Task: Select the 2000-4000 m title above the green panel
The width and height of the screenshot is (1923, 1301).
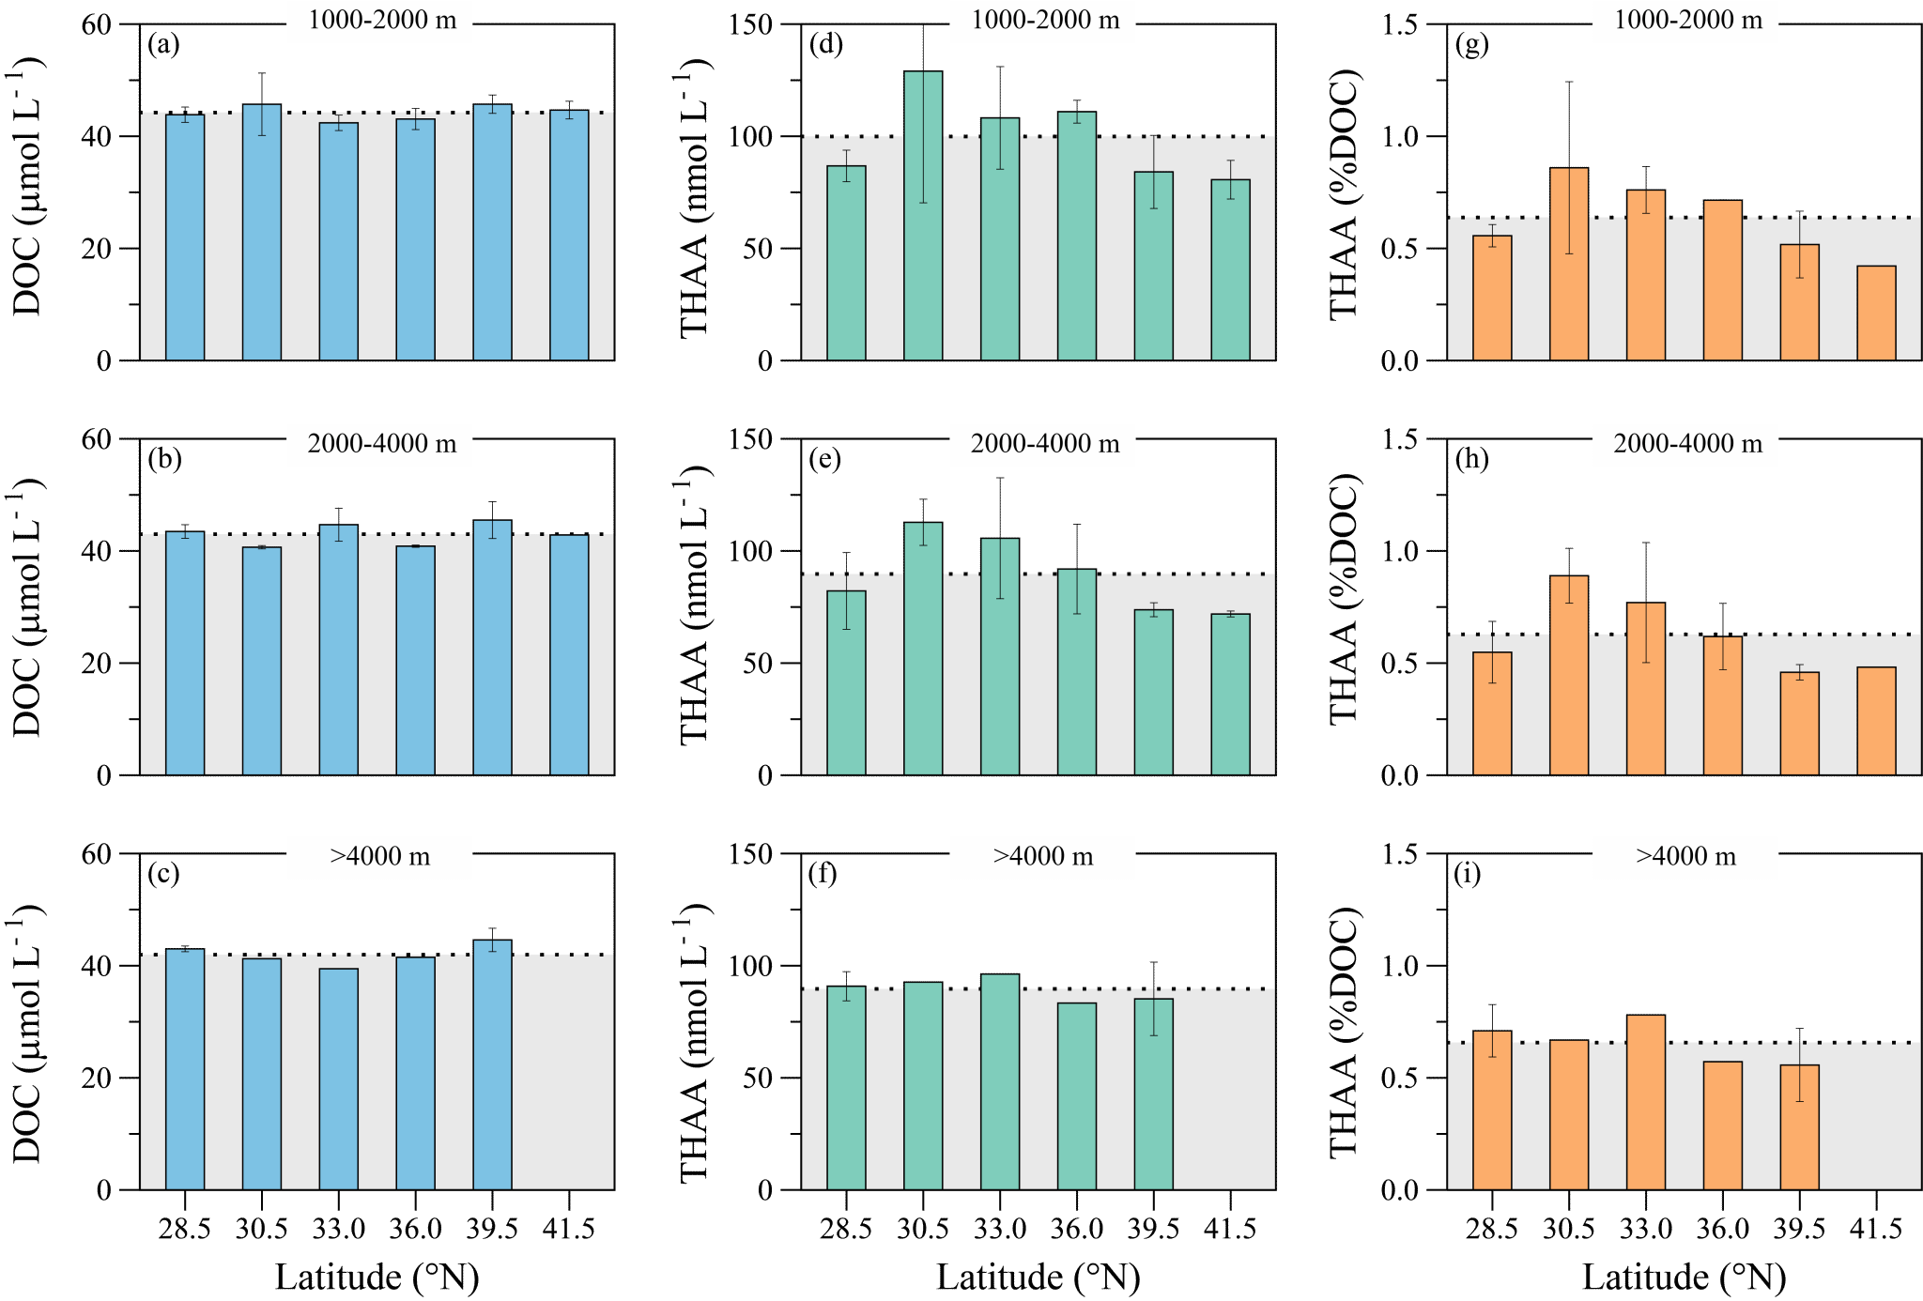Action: (1042, 444)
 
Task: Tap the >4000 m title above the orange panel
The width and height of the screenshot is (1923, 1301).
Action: (1685, 857)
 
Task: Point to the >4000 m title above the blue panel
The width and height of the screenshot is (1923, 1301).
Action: (379, 857)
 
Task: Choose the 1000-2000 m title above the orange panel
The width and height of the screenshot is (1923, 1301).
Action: (1685, 21)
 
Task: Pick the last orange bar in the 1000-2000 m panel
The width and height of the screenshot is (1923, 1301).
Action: (1876, 314)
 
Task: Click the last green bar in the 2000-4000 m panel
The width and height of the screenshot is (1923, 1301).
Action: (1230, 695)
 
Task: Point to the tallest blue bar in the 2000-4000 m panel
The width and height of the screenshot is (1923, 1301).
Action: (492, 648)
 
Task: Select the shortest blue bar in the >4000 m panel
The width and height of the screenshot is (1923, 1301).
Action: (338, 1079)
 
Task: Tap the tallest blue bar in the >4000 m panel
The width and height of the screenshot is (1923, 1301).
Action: (492, 1065)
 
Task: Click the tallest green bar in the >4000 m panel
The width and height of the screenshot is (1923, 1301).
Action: (1000, 1082)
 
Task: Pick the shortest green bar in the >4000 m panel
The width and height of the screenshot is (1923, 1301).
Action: (1077, 1096)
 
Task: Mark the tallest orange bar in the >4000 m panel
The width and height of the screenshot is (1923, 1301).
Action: (1646, 1103)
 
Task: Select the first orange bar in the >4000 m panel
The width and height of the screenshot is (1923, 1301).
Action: (1492, 1110)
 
